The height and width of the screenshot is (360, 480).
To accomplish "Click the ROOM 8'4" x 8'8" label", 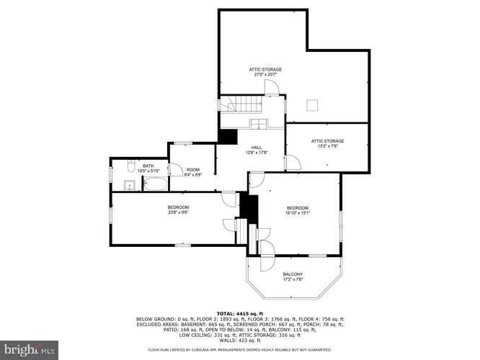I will tap(192, 172).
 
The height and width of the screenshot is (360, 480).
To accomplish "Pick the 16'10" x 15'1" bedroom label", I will tap(298, 210).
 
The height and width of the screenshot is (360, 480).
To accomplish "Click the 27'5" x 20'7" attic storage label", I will tap(265, 72).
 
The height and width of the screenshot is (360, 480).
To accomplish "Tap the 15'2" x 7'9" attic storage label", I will tap(327, 143).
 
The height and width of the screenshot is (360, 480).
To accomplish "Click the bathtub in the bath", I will tap(154, 184).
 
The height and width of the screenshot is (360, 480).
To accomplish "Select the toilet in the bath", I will tap(129, 168).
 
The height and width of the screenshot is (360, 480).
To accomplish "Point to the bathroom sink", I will tap(131, 186).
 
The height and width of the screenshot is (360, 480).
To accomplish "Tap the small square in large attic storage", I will tap(311, 106).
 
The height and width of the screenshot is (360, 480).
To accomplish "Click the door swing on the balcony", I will tap(266, 249).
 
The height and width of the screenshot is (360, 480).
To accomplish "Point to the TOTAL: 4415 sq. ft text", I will tap(240, 313).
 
